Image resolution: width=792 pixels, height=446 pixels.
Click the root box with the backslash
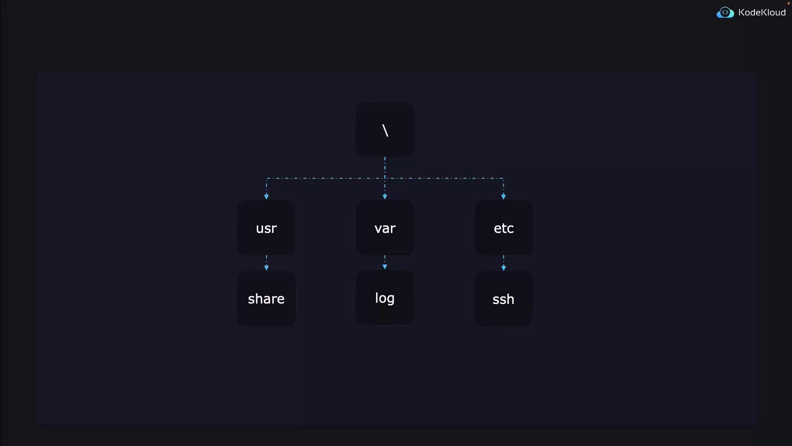[x=385, y=129]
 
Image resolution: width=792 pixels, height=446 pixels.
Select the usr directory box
[x=266, y=228]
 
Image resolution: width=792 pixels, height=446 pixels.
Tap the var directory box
[x=385, y=228]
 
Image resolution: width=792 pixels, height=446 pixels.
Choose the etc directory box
[x=504, y=228]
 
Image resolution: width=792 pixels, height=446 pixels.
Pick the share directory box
[x=266, y=299]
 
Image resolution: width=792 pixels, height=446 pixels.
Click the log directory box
[x=385, y=297]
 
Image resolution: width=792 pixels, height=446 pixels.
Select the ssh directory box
[x=504, y=299]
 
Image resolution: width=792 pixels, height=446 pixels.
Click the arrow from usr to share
[x=266, y=263]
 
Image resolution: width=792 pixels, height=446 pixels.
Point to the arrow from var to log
[x=385, y=263]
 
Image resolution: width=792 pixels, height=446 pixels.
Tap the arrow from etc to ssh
[x=504, y=263]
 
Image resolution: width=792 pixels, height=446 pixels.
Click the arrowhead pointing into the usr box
[x=266, y=197]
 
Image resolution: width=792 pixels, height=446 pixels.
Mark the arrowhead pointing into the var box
[x=385, y=197]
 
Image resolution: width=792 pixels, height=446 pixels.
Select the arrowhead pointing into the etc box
[x=504, y=197]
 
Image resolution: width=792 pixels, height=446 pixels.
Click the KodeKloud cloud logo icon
[x=725, y=13]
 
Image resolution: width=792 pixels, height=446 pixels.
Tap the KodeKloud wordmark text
[x=762, y=13]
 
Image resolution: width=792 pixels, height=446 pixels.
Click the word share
[x=266, y=299]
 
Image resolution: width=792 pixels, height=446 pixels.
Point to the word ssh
[x=503, y=299]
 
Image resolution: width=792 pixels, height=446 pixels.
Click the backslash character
[x=385, y=130]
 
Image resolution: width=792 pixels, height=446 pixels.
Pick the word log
[x=385, y=299]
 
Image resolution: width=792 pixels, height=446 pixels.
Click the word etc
[x=504, y=228]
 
